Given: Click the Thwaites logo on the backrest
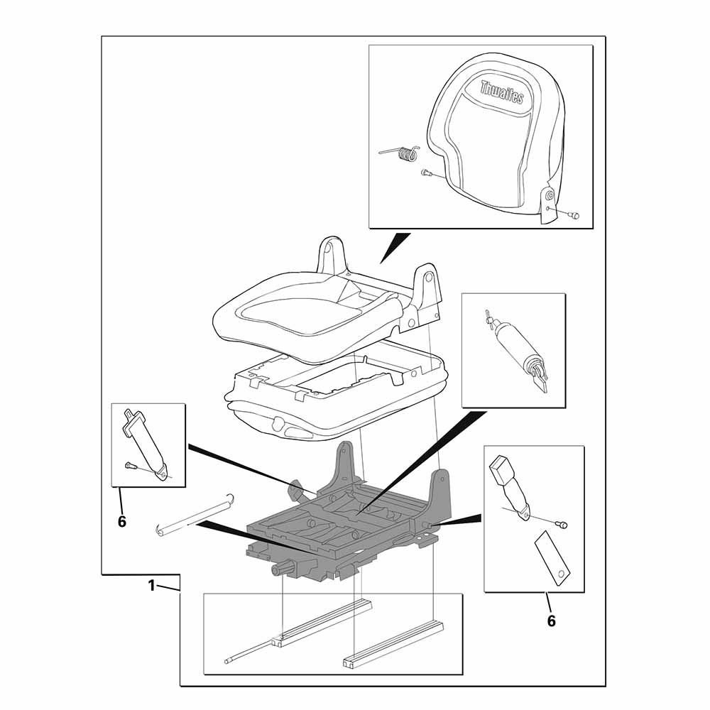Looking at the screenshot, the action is (502, 92).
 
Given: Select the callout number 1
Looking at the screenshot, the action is (152, 586).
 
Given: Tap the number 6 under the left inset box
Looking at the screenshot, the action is (122, 522).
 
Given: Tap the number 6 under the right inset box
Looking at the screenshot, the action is (551, 621).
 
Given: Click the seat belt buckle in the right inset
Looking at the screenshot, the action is (510, 488).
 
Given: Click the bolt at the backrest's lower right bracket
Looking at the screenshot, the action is (574, 215).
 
